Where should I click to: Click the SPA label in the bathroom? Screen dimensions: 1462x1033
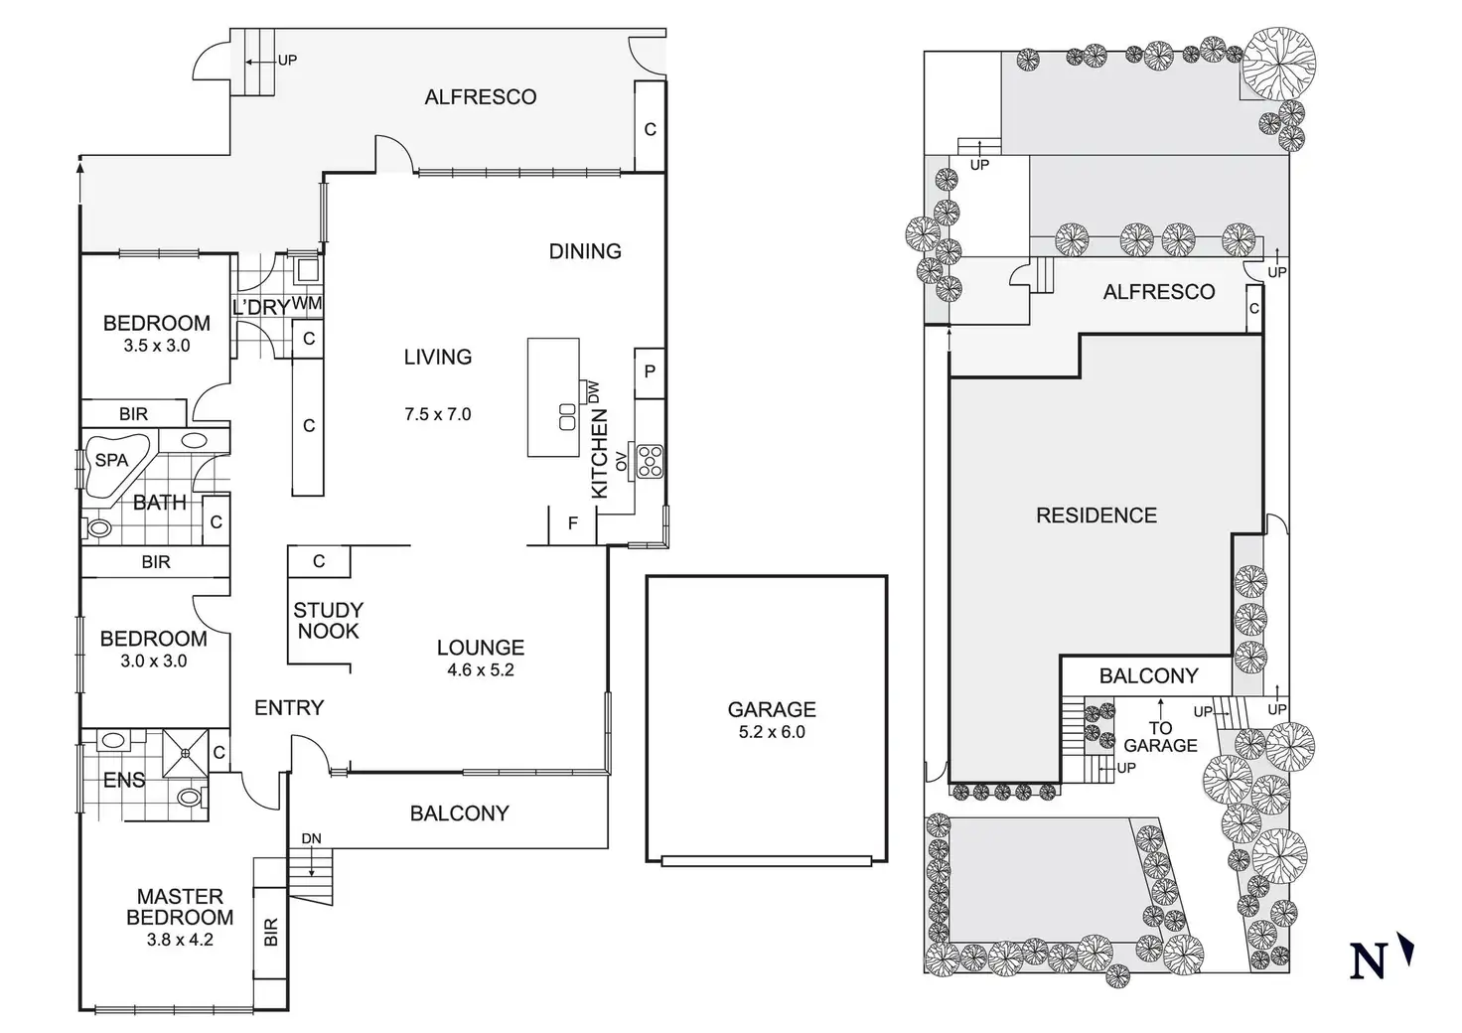pyautogui.click(x=111, y=460)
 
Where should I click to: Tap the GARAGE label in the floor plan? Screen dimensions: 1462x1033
pyautogui.click(x=772, y=709)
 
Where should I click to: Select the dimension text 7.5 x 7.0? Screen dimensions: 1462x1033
pyautogui.click(x=437, y=414)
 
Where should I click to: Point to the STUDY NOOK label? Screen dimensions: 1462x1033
pyautogui.click(x=328, y=620)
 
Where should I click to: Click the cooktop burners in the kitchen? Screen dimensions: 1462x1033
pyautogui.click(x=650, y=460)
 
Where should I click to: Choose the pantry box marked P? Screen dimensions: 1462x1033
pyautogui.click(x=650, y=371)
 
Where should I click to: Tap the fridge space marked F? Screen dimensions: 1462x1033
pyautogui.click(x=573, y=523)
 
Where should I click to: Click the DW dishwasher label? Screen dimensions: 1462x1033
pyautogui.click(x=594, y=391)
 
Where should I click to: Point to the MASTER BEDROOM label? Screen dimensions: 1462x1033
pyautogui.click(x=181, y=907)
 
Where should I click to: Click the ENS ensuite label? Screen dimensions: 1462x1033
pyautogui.click(x=124, y=781)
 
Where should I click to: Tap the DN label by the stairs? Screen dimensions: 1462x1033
pyautogui.click(x=311, y=838)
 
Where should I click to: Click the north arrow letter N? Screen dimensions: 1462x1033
pyautogui.click(x=1369, y=960)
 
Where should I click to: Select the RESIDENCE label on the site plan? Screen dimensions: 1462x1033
pyautogui.click(x=1096, y=516)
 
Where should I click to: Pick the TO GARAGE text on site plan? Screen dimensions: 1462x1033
pyautogui.click(x=1160, y=736)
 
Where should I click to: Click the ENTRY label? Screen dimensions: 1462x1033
pyautogui.click(x=289, y=707)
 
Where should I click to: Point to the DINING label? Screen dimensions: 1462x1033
pyautogui.click(x=585, y=251)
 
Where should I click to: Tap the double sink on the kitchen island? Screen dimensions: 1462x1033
pyautogui.click(x=568, y=416)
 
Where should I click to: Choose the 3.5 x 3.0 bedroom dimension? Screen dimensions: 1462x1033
pyautogui.click(x=157, y=346)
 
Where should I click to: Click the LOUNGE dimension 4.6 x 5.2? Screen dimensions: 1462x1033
pyautogui.click(x=481, y=669)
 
